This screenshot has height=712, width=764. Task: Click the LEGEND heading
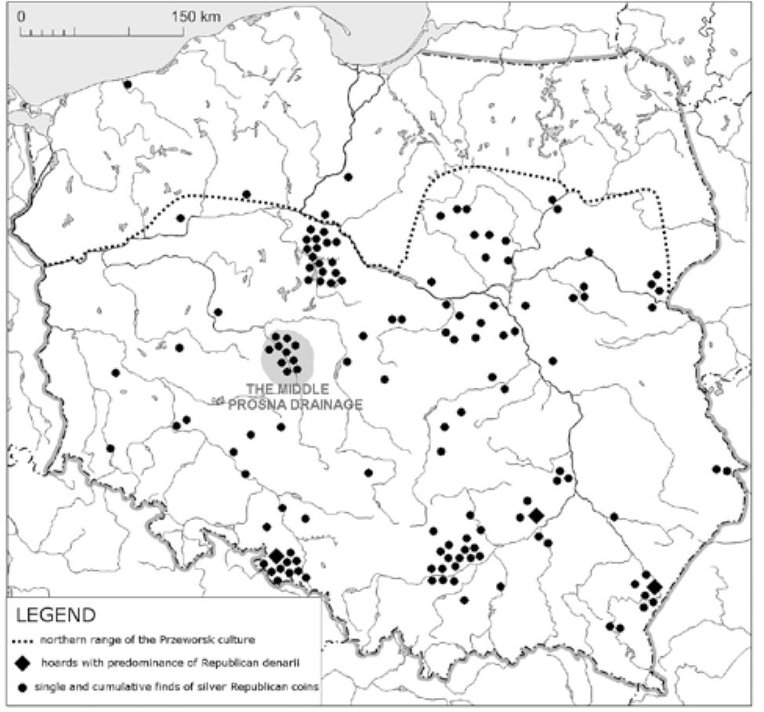point(55,615)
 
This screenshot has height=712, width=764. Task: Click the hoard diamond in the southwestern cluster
point(276,557)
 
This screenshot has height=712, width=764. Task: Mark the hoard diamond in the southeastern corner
point(654,587)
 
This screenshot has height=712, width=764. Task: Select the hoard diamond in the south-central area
point(535,515)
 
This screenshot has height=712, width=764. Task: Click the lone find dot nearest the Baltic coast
point(127,84)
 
